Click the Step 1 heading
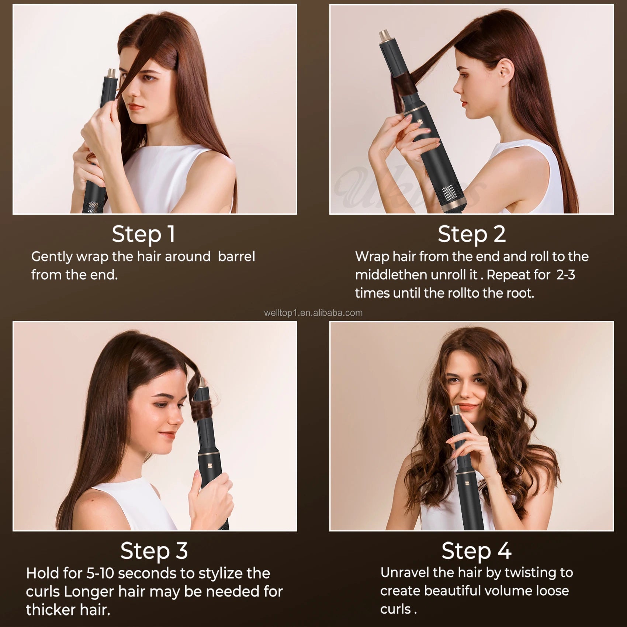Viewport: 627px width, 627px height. pos(143,234)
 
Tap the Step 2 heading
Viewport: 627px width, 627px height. pos(471,234)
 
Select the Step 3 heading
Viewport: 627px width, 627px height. pos(154,551)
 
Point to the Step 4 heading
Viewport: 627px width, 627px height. pos(476,551)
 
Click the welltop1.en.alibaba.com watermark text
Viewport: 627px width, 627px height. pos(313,313)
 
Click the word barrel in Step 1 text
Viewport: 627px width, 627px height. pos(236,256)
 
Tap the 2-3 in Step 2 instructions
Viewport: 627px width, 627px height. pos(566,275)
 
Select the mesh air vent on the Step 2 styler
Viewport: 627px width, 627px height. pos(448,193)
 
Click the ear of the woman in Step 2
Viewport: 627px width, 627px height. pos(505,69)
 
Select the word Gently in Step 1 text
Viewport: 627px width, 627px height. pos(52,256)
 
